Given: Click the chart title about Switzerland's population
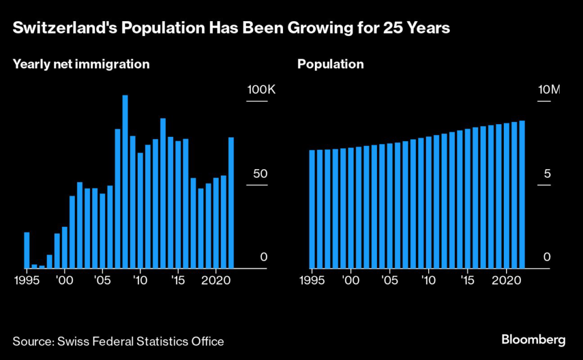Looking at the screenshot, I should point(231,28).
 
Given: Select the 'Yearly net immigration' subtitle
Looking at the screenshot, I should point(81,64).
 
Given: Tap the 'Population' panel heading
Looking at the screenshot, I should point(330,64).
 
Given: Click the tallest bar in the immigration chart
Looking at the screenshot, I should point(125,181).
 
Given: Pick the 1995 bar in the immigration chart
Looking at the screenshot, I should point(27,250).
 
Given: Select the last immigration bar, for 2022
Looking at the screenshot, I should point(231,202).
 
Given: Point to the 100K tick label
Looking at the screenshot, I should point(260,91).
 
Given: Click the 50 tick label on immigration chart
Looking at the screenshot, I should point(260,174).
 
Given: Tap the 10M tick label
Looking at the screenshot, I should point(549,91).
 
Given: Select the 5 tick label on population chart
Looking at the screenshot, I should point(547,174).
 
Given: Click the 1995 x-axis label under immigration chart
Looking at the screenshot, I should point(27,280).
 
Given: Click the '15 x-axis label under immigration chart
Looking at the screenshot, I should point(178,280).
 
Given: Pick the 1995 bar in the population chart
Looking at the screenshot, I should point(312,209).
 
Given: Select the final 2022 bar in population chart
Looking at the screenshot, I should point(522,194).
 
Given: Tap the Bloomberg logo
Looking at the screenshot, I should point(533,340).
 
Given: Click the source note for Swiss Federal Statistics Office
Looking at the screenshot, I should point(118,342).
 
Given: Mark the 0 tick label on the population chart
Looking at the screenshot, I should point(547,257).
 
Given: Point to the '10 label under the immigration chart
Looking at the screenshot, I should point(140,280).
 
